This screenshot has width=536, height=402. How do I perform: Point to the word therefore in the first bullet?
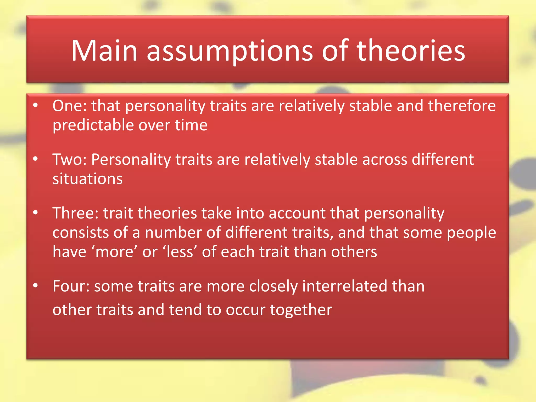(x=462, y=106)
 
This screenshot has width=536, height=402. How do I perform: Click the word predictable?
(x=93, y=125)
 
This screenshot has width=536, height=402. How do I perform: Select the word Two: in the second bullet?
(x=70, y=159)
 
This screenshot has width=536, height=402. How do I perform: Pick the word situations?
(x=87, y=179)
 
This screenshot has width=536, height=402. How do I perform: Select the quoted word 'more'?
(x=114, y=252)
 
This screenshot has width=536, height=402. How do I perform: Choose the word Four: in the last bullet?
(x=71, y=286)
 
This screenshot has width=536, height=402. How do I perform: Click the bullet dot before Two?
(x=36, y=159)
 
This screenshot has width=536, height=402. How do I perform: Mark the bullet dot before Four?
(x=36, y=286)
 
